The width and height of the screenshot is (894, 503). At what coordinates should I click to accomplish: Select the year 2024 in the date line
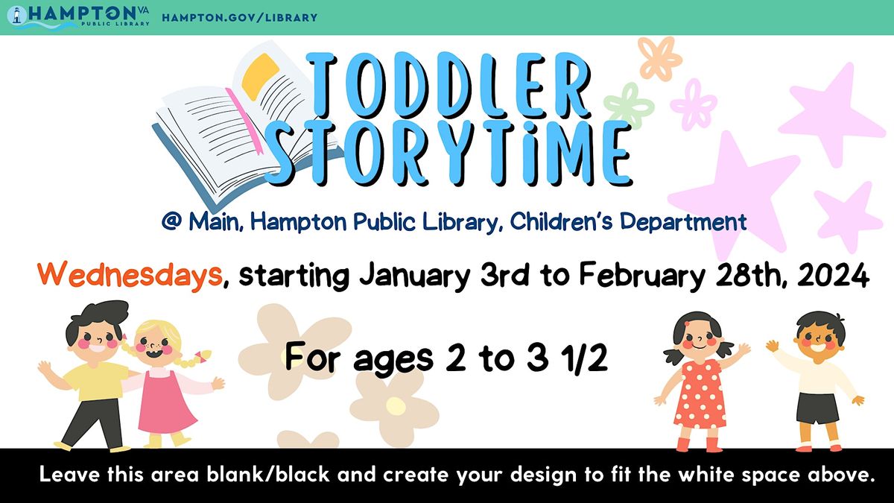coord(834,276)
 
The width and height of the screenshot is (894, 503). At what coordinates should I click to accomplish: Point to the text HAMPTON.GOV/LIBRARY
coord(239,17)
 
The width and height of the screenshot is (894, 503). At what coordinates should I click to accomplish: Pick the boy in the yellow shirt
coord(93,373)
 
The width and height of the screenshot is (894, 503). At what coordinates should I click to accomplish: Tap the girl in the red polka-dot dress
coord(698,380)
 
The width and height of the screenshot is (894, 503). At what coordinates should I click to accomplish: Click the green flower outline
coord(628,104)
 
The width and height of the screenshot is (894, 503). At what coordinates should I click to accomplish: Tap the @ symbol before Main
coord(171,221)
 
